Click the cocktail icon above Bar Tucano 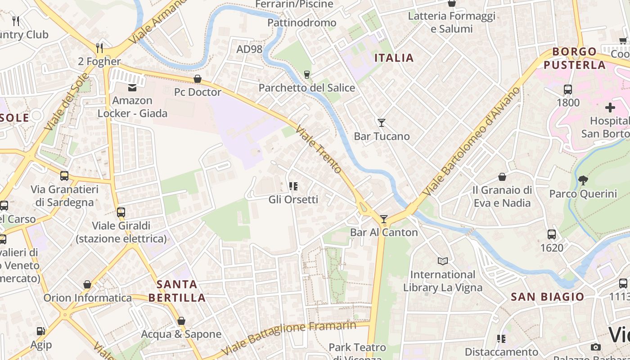382,122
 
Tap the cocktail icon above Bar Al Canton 384,219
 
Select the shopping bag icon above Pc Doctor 198,79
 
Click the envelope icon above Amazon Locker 132,87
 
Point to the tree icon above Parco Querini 583,180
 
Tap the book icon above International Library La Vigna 443,261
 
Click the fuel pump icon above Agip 40,332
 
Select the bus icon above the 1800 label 568,89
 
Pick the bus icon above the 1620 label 552,234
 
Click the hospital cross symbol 610,108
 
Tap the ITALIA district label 394,58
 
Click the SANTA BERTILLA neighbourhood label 177,291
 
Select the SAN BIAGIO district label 548,297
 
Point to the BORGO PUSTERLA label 575,58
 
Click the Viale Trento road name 319,149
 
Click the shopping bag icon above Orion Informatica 87,284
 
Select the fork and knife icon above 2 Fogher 99,48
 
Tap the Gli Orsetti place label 293,199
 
